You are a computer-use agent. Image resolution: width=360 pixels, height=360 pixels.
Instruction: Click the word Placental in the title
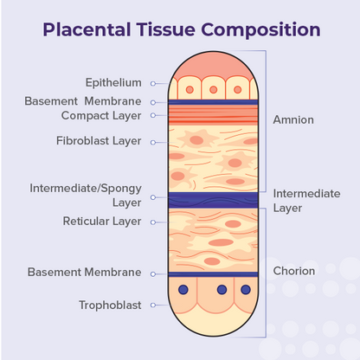(x=87, y=29)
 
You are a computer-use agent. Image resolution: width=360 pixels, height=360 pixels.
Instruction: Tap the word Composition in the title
(x=260, y=29)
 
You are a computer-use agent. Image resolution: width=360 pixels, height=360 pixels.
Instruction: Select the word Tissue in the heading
(x=166, y=29)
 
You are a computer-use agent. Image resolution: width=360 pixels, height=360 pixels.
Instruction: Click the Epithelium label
(x=113, y=83)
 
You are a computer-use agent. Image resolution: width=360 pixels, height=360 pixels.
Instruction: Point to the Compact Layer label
(x=101, y=116)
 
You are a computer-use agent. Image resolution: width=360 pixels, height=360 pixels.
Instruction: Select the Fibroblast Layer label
(x=99, y=141)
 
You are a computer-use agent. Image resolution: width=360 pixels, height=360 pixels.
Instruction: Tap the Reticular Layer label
(x=102, y=222)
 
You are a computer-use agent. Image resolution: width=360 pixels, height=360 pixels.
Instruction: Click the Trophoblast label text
(x=110, y=305)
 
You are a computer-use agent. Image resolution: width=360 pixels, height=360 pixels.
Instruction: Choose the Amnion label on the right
(x=293, y=119)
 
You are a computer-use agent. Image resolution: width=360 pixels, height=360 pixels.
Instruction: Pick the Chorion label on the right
(x=294, y=271)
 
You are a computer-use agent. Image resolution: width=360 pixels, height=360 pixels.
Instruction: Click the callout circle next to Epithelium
(x=153, y=84)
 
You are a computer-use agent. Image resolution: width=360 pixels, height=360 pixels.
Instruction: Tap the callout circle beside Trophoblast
(x=153, y=305)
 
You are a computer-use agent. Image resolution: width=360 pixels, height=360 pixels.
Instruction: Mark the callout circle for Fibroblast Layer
(x=153, y=142)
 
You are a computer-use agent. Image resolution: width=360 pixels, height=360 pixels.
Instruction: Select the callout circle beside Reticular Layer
(x=153, y=222)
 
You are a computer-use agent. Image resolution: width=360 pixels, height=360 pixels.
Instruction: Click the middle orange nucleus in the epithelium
(x=214, y=90)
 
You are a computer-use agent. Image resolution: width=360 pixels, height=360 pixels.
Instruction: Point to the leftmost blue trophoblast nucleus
(x=183, y=289)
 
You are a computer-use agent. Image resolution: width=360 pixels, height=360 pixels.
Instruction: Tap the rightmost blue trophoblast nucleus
(x=246, y=289)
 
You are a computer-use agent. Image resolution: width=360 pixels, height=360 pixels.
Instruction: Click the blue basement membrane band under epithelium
(x=213, y=102)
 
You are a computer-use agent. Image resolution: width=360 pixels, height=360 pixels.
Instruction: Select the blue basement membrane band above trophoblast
(x=213, y=274)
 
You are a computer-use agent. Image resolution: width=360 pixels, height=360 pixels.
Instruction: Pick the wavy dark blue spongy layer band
(x=213, y=200)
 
